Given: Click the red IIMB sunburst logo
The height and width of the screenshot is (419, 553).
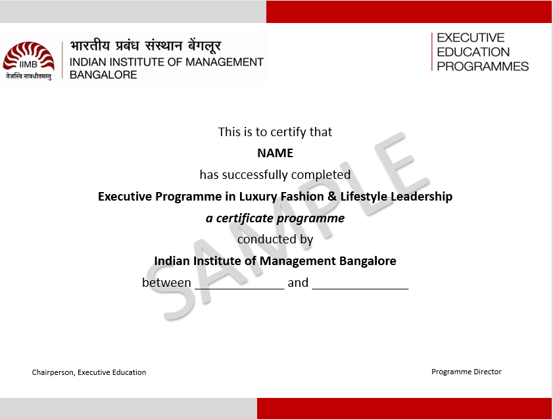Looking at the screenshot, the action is (28, 57).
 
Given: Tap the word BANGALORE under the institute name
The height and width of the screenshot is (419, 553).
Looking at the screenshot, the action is (103, 75).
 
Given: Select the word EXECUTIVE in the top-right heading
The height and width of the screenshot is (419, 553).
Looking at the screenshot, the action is (470, 37).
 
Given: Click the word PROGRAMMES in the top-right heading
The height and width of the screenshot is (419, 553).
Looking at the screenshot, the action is (483, 66).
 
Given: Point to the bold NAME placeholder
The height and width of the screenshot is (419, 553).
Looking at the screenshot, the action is (275, 153).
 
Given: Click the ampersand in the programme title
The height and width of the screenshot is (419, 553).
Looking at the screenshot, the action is (332, 196).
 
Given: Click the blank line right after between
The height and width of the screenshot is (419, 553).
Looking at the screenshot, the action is (239, 289).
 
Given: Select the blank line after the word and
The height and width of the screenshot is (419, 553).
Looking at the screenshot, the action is (360, 289).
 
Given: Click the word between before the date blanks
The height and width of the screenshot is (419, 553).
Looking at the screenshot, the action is (166, 282).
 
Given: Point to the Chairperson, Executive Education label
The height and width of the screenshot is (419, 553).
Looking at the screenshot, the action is (89, 372).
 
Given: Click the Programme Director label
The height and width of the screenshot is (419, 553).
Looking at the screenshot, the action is (466, 372).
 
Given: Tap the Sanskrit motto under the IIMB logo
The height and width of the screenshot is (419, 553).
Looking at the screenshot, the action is (28, 76).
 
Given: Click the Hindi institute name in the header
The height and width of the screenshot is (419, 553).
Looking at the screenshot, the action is (145, 46).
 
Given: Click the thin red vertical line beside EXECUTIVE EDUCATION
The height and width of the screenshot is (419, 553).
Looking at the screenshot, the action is (431, 52).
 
